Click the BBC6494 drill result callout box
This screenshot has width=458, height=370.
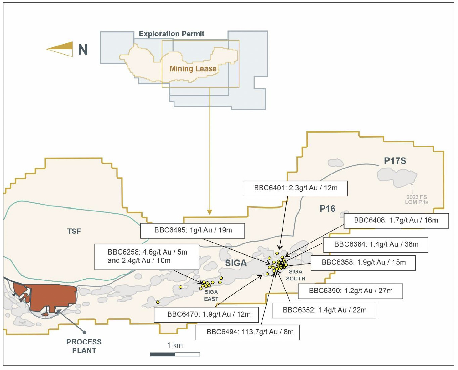(x=247, y=332)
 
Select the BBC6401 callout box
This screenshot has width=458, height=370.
(x=295, y=188)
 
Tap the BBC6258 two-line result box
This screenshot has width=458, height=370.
(x=147, y=257)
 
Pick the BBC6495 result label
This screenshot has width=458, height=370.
(x=193, y=231)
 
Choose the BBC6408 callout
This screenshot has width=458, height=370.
(x=396, y=221)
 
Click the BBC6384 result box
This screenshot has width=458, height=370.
(x=376, y=245)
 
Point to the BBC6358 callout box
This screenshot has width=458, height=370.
(x=363, y=263)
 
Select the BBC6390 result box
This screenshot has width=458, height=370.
(x=350, y=291)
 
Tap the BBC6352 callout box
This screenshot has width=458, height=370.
(x=324, y=311)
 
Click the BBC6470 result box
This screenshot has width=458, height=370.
(x=206, y=315)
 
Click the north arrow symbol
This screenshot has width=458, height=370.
(x=59, y=49)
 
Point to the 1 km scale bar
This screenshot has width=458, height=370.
(x=175, y=354)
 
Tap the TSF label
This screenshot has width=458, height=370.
(x=74, y=231)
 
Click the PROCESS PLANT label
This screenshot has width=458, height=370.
(x=84, y=346)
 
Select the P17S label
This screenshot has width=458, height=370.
(x=395, y=161)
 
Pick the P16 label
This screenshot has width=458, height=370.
(x=327, y=209)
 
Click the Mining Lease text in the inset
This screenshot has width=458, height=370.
(x=193, y=68)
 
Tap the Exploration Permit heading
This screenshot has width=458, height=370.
(x=172, y=34)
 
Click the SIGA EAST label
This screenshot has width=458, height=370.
(x=211, y=295)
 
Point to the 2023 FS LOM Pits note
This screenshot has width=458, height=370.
(x=417, y=200)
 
